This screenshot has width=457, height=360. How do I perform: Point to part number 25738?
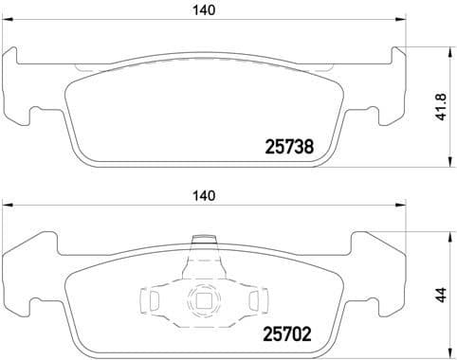click(x=287, y=147)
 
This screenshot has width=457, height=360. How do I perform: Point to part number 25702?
click(x=287, y=333)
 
